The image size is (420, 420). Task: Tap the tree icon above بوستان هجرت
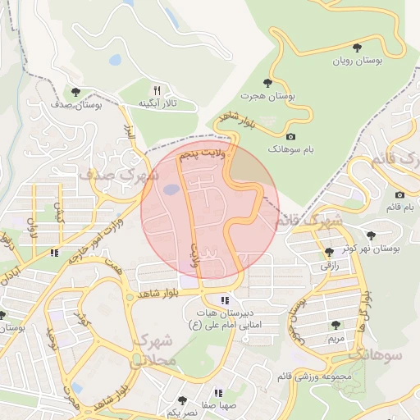[x=267, y=82]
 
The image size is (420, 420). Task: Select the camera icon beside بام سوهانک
[x=290, y=136]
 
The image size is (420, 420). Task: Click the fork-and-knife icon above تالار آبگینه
[x=157, y=89]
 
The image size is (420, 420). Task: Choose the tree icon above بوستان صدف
[x=75, y=92]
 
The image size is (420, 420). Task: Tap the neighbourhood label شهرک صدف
[x=112, y=175]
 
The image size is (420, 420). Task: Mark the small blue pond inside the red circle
[x=171, y=190]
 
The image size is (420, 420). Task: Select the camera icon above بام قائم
[x=399, y=194]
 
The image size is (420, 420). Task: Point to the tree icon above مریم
[x=336, y=325]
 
